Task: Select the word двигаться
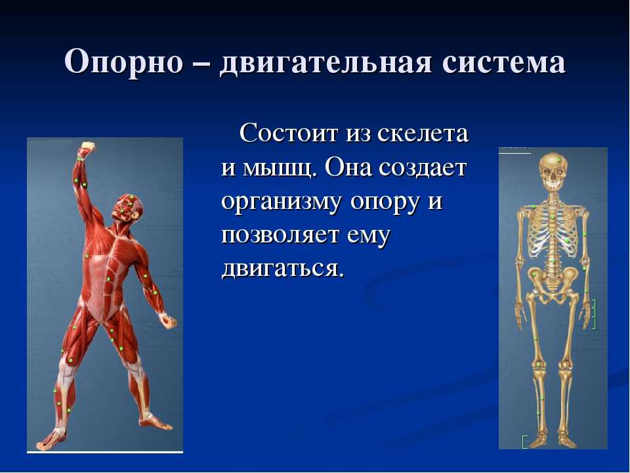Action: (x=283, y=269)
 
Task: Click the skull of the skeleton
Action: (x=553, y=172)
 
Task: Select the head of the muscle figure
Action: (x=129, y=207)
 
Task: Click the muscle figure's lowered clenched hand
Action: (x=168, y=321)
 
